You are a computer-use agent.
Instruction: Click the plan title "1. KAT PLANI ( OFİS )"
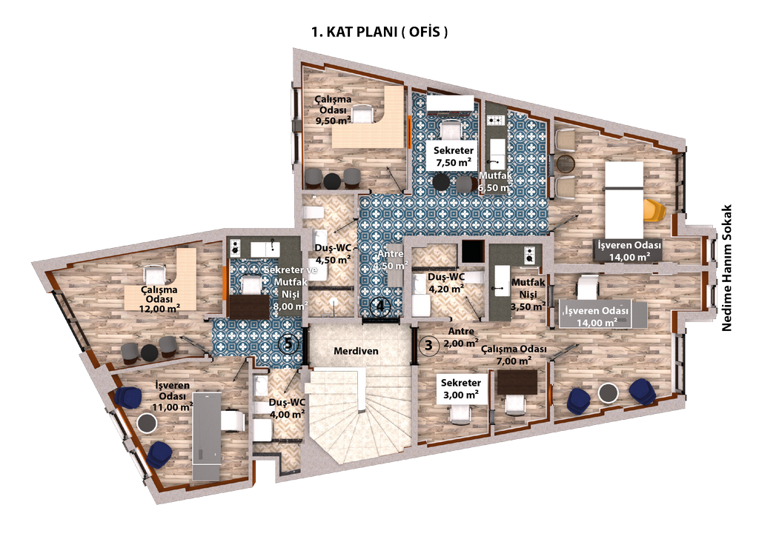[x=379, y=32]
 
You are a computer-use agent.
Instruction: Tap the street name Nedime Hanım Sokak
[x=726, y=268]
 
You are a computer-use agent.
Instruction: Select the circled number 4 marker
[x=380, y=306]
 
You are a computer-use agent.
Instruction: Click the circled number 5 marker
[x=288, y=344]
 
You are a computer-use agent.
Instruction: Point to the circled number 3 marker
[x=428, y=345]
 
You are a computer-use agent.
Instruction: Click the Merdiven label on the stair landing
[x=356, y=351]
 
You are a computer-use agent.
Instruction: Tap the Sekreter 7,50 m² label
[x=454, y=156]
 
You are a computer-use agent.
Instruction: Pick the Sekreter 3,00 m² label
[x=461, y=389]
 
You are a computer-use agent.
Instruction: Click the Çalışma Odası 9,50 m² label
[x=334, y=110]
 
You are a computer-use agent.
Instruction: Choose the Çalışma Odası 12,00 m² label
[x=160, y=299]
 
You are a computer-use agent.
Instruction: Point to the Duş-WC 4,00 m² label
[x=287, y=409]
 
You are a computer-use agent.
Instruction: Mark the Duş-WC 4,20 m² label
[x=446, y=283]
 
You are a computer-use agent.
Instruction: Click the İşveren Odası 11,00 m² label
[x=172, y=396]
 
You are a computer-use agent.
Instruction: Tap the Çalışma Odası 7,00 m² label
[x=514, y=355]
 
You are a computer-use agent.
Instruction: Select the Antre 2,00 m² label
[x=461, y=338]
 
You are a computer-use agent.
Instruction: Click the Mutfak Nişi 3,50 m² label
[x=528, y=294]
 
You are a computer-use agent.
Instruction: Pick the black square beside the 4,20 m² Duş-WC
[x=472, y=251]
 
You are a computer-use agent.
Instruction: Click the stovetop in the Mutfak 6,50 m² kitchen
[x=496, y=121]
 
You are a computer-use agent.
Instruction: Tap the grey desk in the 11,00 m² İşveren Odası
[x=208, y=436]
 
